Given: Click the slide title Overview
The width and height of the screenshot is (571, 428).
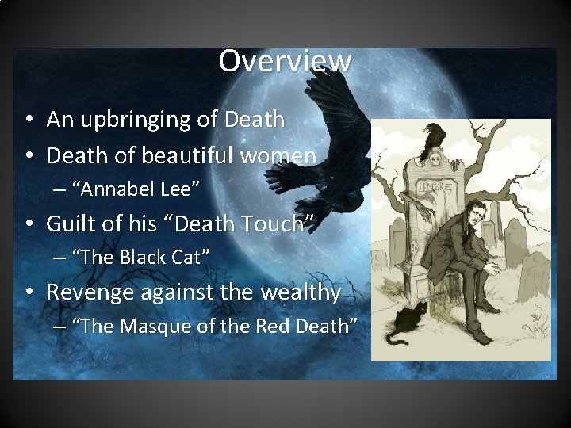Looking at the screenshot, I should point(285,60).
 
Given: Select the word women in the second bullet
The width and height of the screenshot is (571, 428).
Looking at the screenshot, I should point(282,155).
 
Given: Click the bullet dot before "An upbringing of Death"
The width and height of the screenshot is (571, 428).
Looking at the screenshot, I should point(28,120).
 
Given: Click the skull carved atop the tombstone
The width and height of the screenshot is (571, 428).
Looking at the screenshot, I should point(435,159).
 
